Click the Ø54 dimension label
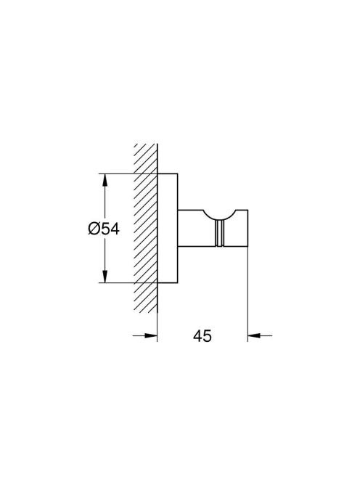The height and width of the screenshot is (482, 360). (104, 229)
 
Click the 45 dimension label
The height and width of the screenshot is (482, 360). (202, 335)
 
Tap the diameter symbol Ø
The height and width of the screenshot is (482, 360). (94, 229)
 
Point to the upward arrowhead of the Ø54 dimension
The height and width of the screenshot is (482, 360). (105, 180)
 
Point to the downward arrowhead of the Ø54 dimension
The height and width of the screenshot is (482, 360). (105, 276)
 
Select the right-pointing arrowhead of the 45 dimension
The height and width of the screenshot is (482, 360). (151, 335)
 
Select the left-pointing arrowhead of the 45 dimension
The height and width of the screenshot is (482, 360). (254, 335)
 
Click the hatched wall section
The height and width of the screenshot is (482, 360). (145, 228)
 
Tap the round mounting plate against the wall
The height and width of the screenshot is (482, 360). (168, 228)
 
